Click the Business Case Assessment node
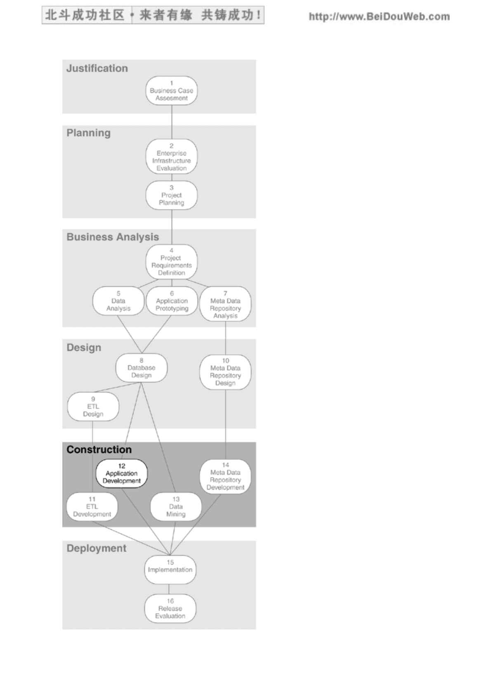coord(172,91)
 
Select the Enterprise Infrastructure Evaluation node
coord(172,157)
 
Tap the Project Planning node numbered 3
coord(172,195)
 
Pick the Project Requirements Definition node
coord(172,262)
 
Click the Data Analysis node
coord(118,301)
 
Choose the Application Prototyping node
coord(172,301)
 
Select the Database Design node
coord(142,368)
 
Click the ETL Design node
coord(93,407)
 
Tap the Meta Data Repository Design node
coord(226,372)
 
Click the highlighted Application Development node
coord(122,473)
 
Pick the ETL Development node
coord(92,507)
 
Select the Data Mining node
coord(176,507)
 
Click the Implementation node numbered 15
coord(170,570)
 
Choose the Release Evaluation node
coord(170,608)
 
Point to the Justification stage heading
coord(97,68)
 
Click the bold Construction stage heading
coord(99,449)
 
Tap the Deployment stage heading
coord(97,548)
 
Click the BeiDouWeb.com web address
coord(379,17)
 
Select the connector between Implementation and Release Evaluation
coord(169,589)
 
